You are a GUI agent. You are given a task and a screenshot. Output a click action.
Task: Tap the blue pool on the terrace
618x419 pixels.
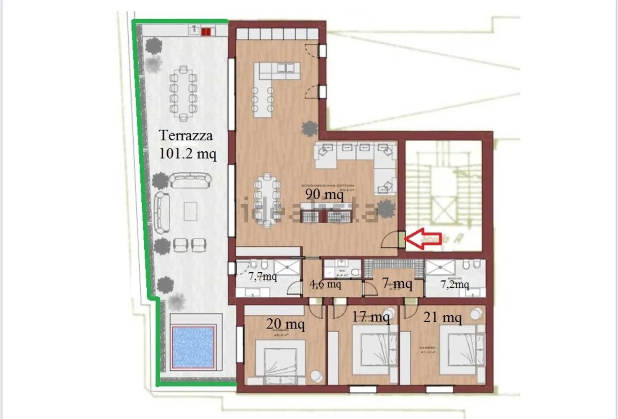pos(193,347)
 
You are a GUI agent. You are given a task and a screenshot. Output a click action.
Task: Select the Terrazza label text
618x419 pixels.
pos(186,135)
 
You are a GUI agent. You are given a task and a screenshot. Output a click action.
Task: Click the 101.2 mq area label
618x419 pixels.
pos(188,153)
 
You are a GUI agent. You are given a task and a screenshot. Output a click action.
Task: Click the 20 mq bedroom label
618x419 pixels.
pos(285,324)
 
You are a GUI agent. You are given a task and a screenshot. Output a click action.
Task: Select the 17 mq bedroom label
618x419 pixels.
pos(371,317)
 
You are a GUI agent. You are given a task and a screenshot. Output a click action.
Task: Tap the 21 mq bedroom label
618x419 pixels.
pos(442,317)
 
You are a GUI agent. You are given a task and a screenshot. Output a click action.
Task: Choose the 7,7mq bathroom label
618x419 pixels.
pos(262,277)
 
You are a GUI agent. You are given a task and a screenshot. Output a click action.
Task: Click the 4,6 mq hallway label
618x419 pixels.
pos(325,285)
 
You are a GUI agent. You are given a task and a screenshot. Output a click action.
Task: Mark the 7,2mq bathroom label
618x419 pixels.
pos(454,285)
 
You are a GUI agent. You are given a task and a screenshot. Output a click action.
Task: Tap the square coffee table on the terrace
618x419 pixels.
pos(190,211)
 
